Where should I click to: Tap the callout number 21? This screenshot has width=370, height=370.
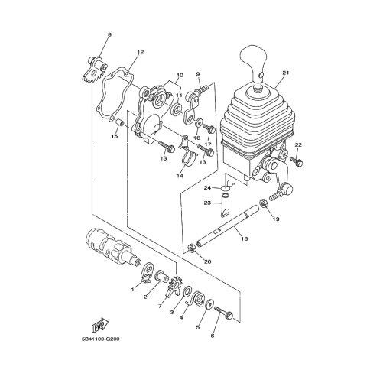[286, 73]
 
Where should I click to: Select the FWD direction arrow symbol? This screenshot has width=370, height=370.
[100, 325]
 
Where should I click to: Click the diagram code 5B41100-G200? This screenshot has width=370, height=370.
[101, 339]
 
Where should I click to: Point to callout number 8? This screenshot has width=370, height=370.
[109, 34]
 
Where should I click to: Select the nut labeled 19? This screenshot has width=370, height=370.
[263, 203]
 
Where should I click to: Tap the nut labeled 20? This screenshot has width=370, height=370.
[192, 248]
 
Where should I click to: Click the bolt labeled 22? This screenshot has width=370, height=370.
[297, 161]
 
